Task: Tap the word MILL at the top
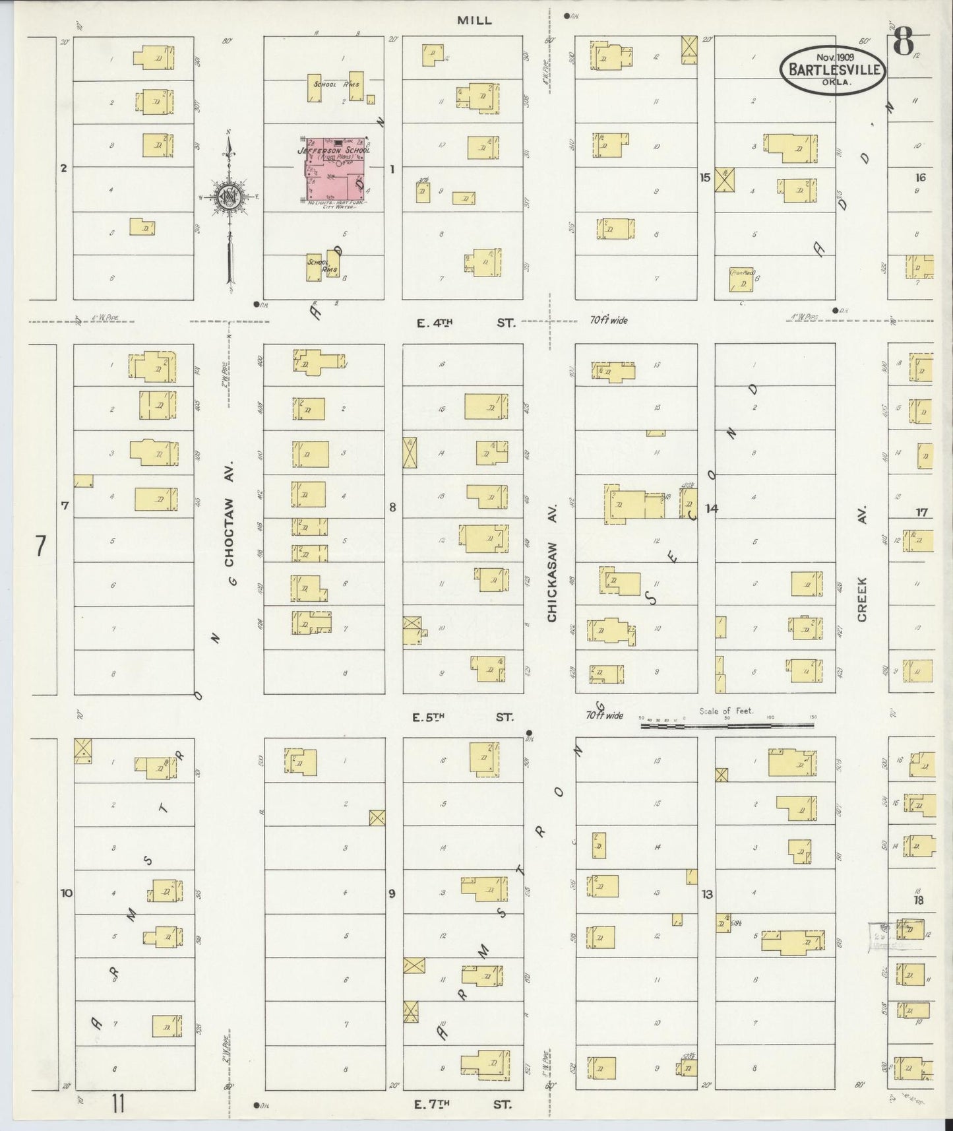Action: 475,20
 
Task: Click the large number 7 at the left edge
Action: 41,547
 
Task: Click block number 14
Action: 711,508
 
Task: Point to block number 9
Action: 392,893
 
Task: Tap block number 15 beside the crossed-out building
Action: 705,177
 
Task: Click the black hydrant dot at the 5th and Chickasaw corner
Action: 530,732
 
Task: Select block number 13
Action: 708,895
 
